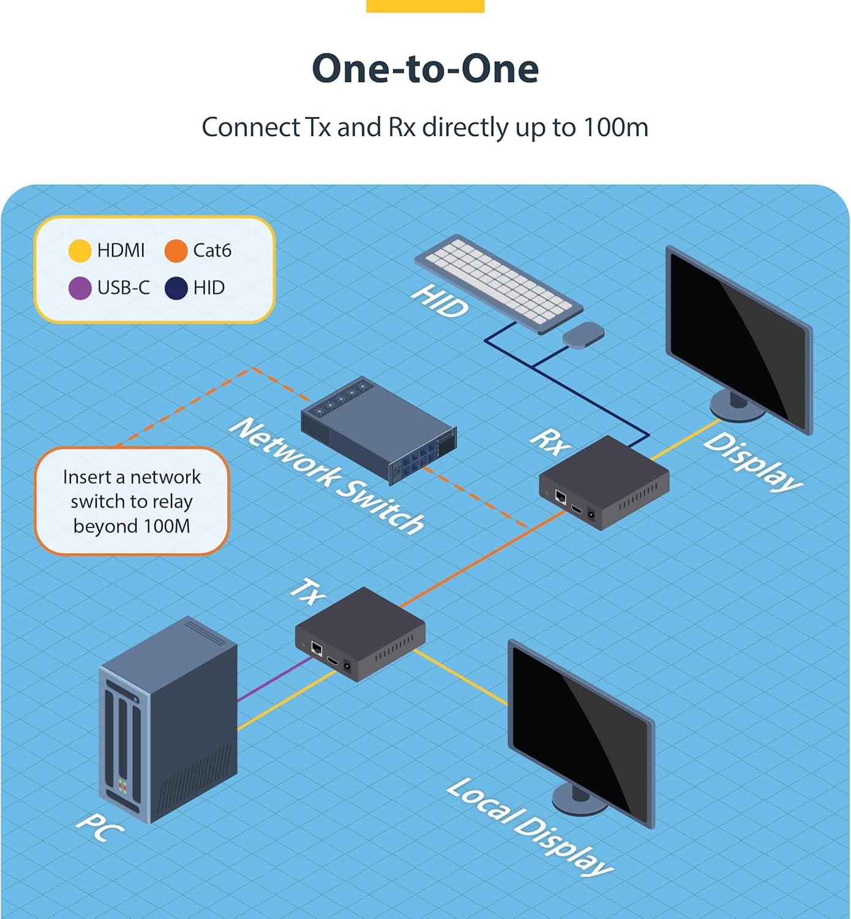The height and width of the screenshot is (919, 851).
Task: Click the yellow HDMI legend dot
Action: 80,251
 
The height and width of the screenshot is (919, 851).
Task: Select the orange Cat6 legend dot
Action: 176,251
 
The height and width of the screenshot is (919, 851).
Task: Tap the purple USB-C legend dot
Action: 80,289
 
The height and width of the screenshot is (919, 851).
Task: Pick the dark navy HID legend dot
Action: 176,289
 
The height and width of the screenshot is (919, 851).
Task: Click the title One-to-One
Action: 425,69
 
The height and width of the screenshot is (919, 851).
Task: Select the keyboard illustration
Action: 498,283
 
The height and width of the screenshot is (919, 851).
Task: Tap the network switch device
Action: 379,430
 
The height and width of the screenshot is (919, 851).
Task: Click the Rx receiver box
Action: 604,482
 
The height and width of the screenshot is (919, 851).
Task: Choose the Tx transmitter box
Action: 360,634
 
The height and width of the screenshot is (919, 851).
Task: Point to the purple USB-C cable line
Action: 275,679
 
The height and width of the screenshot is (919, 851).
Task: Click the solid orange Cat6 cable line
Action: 482,559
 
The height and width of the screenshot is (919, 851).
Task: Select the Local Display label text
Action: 530,826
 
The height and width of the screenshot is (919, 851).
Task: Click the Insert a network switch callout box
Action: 132,501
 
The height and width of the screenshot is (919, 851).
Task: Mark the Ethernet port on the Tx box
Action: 317,648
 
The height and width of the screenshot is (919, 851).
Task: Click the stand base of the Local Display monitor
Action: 579,805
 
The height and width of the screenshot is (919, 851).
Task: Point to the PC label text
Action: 99,827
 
